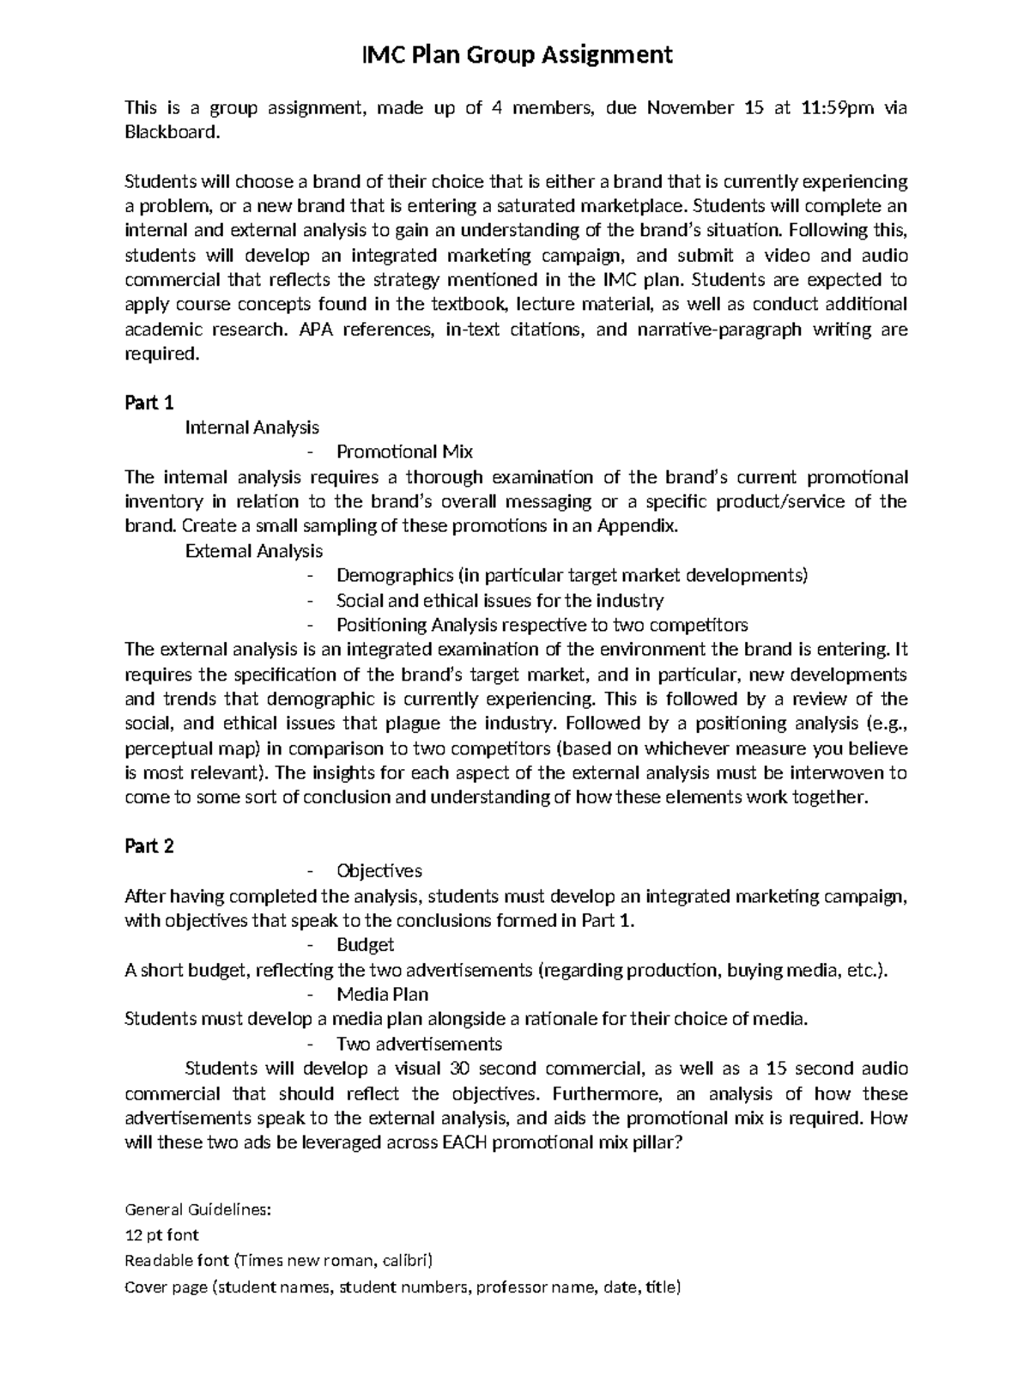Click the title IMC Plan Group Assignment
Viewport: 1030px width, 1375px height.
(515, 56)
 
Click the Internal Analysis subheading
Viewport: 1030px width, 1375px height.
(252, 427)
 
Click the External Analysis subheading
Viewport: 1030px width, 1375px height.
(254, 551)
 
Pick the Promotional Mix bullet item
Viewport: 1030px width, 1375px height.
(404, 452)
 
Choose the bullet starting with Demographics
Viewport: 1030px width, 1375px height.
(572, 576)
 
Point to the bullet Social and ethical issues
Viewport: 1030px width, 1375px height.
(500, 601)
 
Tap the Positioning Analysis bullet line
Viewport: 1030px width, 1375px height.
(542, 625)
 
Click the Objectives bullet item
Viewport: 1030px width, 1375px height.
(379, 871)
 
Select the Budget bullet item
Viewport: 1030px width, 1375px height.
(366, 945)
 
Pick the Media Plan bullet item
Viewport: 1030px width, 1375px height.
(383, 995)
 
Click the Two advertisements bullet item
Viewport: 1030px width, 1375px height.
(419, 1045)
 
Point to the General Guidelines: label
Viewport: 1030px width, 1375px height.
(198, 1210)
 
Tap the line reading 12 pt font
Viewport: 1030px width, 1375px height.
(161, 1235)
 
